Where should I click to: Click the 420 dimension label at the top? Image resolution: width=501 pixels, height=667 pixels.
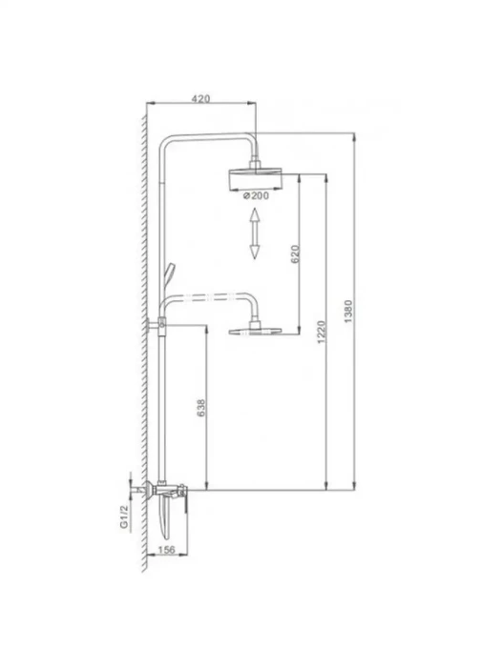[x=200, y=99]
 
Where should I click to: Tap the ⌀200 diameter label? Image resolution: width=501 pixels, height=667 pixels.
[x=256, y=195]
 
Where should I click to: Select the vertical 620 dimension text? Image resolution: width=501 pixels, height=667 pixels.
[x=295, y=254]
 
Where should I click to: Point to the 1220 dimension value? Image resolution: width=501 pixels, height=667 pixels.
[x=322, y=333]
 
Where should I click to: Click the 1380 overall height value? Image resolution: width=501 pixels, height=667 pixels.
[x=348, y=312]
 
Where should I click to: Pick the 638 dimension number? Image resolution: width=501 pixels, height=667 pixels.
[x=201, y=408]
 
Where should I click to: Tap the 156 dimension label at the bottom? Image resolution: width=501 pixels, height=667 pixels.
[x=166, y=550]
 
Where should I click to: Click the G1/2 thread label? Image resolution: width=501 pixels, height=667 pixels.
[x=123, y=516]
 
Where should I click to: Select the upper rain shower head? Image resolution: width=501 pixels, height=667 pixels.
[x=256, y=179]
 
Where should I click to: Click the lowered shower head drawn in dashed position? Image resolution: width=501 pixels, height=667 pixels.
[x=256, y=331]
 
